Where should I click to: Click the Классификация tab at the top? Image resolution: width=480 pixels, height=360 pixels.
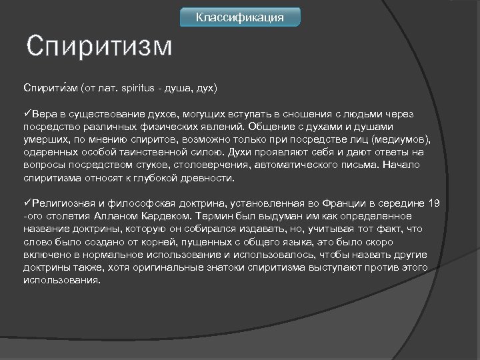click(x=240, y=17)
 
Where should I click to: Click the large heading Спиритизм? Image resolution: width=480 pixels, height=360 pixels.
click(x=99, y=47)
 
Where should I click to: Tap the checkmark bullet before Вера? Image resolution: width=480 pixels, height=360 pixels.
click(x=27, y=114)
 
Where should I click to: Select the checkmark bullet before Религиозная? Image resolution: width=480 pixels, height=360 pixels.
click(x=27, y=203)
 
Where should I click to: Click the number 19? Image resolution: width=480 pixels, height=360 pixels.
click(x=434, y=203)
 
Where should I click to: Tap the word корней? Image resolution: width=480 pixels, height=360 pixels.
click(x=157, y=242)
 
